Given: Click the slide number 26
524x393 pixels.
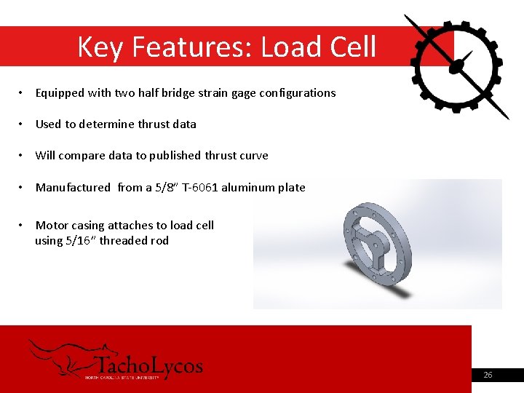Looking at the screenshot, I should [x=488, y=375].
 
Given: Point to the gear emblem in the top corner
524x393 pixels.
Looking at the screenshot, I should [x=456, y=65].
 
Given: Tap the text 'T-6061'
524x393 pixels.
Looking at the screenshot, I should [x=198, y=188].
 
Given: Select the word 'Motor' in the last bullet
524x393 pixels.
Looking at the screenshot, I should [x=51, y=226].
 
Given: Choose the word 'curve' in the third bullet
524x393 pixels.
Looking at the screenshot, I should [x=253, y=156].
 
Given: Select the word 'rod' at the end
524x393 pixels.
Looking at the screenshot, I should [x=159, y=241].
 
